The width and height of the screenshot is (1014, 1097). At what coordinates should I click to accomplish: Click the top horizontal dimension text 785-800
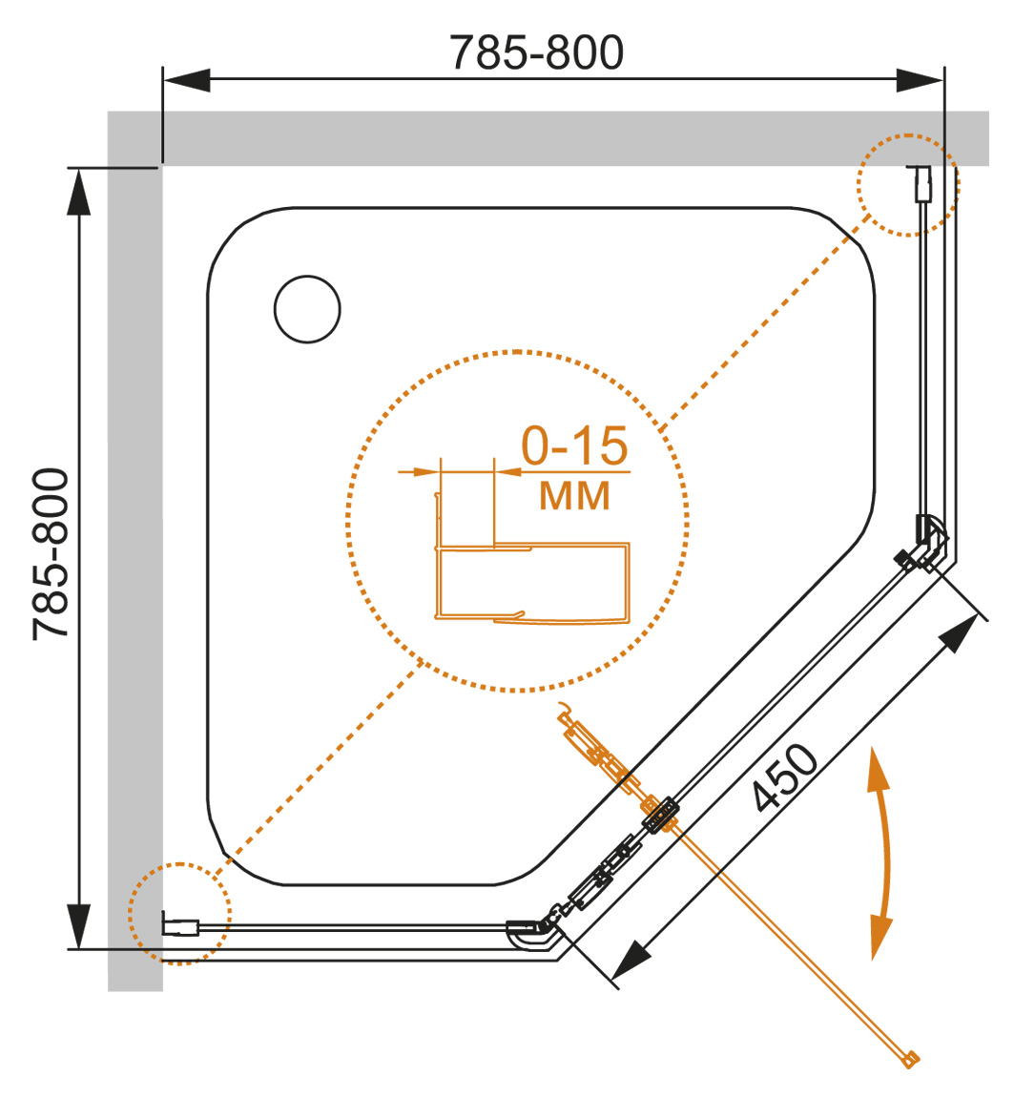pos(537,53)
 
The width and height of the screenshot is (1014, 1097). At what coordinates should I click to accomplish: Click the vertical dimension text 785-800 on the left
pos(52,553)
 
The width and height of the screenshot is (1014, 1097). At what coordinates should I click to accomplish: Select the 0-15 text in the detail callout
pos(574,445)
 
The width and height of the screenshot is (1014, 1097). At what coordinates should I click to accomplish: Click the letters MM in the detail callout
pos(574,495)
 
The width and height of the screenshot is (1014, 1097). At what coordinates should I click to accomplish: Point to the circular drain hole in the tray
pos(306,309)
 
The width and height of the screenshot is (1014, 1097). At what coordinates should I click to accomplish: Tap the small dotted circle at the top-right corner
pos(907,184)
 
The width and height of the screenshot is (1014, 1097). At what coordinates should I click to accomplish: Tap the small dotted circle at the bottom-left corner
pos(179,914)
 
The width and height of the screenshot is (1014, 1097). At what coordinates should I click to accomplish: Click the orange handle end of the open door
pos(912,1056)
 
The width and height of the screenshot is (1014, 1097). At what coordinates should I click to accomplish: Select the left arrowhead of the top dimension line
pos(187,80)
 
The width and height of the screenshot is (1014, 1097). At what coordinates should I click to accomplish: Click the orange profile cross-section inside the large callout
pos(532,582)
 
